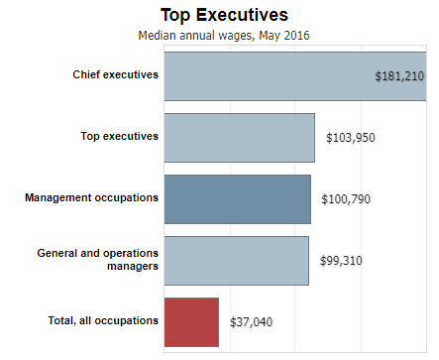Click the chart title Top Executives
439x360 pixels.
pos(224,15)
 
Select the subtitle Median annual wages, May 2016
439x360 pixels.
pos(224,35)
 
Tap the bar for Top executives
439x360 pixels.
pos(239,138)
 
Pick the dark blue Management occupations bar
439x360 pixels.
pos(237,198)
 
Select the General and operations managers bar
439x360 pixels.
pos(236,260)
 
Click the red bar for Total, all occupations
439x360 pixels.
pos(191,321)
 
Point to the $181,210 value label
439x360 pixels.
pos(400,76)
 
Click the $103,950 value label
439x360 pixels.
pos(351,138)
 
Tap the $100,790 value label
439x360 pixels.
pos(346,199)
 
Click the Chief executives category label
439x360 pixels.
pos(115,75)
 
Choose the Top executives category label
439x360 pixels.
pos(119,136)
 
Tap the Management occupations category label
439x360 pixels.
pos(91,197)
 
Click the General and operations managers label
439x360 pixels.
pos(97,260)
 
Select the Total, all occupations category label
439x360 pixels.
pos(103,320)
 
